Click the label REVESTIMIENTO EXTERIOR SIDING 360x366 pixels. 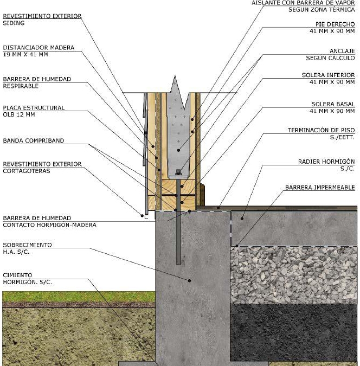tap(42, 16)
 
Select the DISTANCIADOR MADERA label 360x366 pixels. tap(38, 48)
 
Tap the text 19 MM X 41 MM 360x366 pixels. tap(25, 55)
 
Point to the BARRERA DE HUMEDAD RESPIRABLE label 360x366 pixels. tap(37, 79)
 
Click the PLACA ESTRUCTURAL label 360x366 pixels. tap(34, 107)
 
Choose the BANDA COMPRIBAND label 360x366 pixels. tap(34, 140)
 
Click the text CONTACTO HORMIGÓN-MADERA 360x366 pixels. tap(49, 224)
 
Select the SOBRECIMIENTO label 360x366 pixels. tap(27, 245)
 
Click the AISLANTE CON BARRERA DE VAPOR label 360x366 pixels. tap(303, 3)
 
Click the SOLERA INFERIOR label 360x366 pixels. tap(328, 75)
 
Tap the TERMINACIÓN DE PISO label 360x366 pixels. tap(321, 130)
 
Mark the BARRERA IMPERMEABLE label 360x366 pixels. tap(320, 188)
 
